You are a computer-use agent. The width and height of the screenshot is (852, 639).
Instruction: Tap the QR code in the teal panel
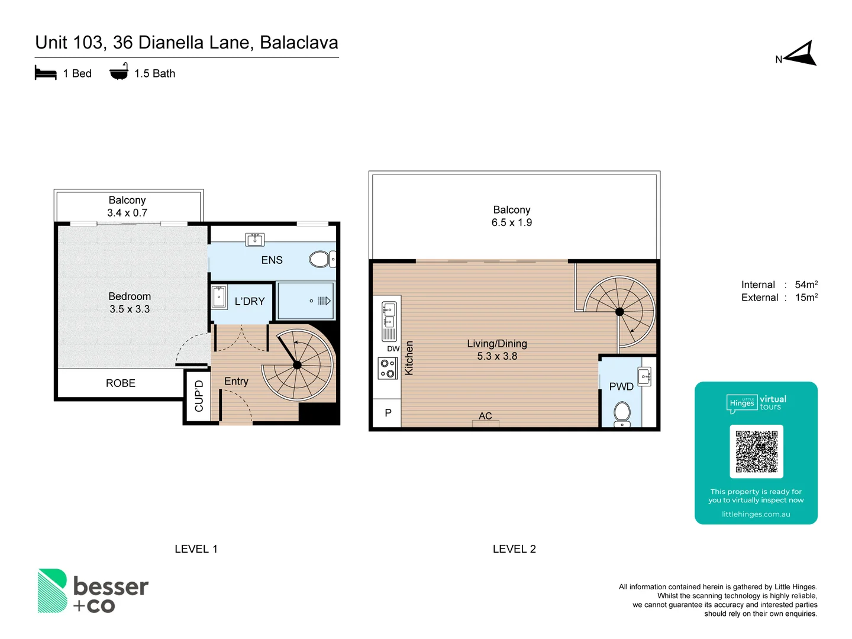[756, 451]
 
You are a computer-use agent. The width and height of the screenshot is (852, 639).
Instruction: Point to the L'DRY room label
[250, 302]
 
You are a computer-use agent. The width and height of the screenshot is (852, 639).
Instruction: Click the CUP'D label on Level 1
[199, 396]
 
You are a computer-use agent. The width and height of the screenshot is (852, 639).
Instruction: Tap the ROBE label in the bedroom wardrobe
[121, 383]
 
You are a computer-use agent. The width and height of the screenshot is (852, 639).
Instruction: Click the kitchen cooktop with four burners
[388, 369]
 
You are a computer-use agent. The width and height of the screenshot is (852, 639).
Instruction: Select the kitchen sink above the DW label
[389, 321]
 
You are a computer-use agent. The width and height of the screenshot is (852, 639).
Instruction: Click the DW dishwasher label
[393, 349]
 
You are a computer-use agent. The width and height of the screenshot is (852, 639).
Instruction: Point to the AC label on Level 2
[485, 416]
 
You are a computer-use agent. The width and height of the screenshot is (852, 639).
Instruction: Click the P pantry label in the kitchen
[388, 413]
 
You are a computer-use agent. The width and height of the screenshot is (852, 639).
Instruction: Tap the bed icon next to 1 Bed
[46, 73]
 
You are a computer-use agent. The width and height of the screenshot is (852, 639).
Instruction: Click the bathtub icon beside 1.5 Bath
[119, 72]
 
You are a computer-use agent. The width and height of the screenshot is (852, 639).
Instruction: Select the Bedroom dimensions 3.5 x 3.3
[130, 309]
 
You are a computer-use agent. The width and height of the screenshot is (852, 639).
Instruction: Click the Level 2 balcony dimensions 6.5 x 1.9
[512, 223]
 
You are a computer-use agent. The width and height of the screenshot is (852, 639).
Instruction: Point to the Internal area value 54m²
[806, 285]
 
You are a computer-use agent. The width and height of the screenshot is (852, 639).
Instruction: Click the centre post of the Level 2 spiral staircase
[619, 312]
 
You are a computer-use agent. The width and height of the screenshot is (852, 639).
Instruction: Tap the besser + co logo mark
[52, 590]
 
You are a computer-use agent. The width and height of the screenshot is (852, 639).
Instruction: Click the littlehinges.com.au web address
[756, 514]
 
